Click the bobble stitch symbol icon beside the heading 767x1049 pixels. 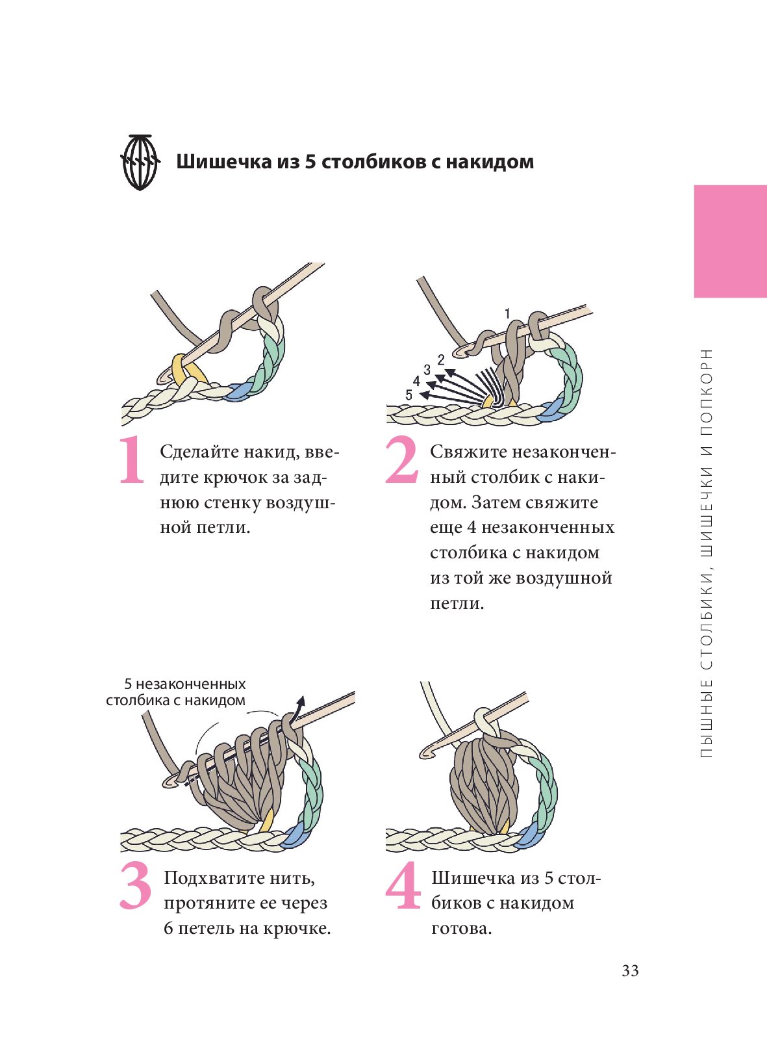click(x=140, y=162)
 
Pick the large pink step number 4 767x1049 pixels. click(x=403, y=885)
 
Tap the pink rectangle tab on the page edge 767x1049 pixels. click(x=731, y=241)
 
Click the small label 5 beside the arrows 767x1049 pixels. click(x=409, y=395)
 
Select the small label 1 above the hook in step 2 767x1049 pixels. click(x=508, y=314)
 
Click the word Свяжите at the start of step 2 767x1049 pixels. click(x=468, y=452)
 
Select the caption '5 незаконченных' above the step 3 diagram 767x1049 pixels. click(x=185, y=684)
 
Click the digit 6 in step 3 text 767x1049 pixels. click(x=168, y=928)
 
